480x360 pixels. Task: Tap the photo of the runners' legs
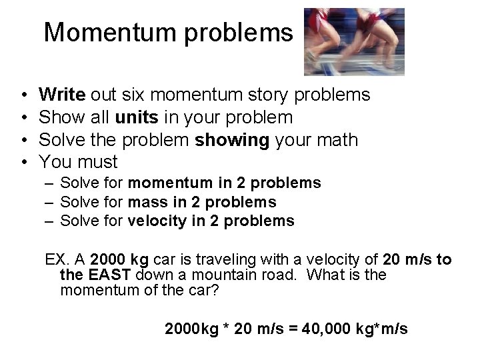pyautogui.click(x=353, y=41)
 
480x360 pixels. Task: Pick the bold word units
pyautogui.click(x=137, y=117)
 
